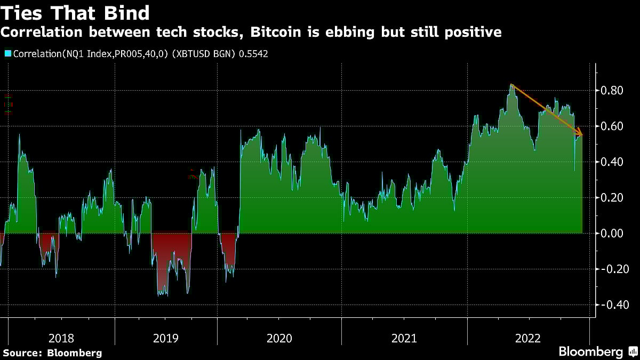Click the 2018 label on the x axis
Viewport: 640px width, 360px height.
point(61,338)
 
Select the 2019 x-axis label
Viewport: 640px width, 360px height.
point(166,338)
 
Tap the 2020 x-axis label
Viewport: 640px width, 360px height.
point(279,338)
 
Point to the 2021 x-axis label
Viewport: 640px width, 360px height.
point(404,338)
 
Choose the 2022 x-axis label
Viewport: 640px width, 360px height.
point(528,338)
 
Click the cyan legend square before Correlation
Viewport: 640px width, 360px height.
point(7,54)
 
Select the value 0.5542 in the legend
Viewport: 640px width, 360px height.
point(252,54)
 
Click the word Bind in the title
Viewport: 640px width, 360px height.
point(127,12)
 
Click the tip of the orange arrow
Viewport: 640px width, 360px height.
point(582,135)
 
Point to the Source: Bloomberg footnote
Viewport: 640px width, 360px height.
point(52,353)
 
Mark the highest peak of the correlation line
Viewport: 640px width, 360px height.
point(511,84)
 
